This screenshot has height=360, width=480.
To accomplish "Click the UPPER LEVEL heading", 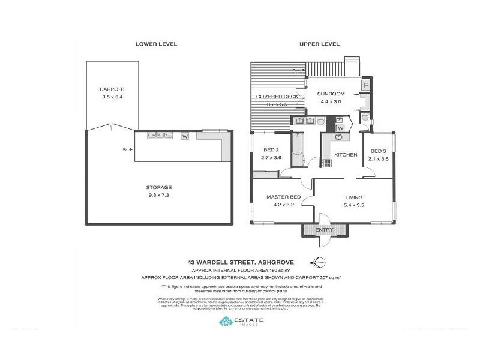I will [x=320, y=44].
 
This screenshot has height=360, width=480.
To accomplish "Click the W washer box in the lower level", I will [x=185, y=136].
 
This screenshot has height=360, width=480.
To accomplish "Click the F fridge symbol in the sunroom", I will [x=365, y=86].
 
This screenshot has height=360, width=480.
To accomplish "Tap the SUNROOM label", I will [x=330, y=94].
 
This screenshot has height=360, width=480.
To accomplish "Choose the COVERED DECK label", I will [x=277, y=97].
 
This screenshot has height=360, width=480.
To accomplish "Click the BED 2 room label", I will [x=271, y=151].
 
